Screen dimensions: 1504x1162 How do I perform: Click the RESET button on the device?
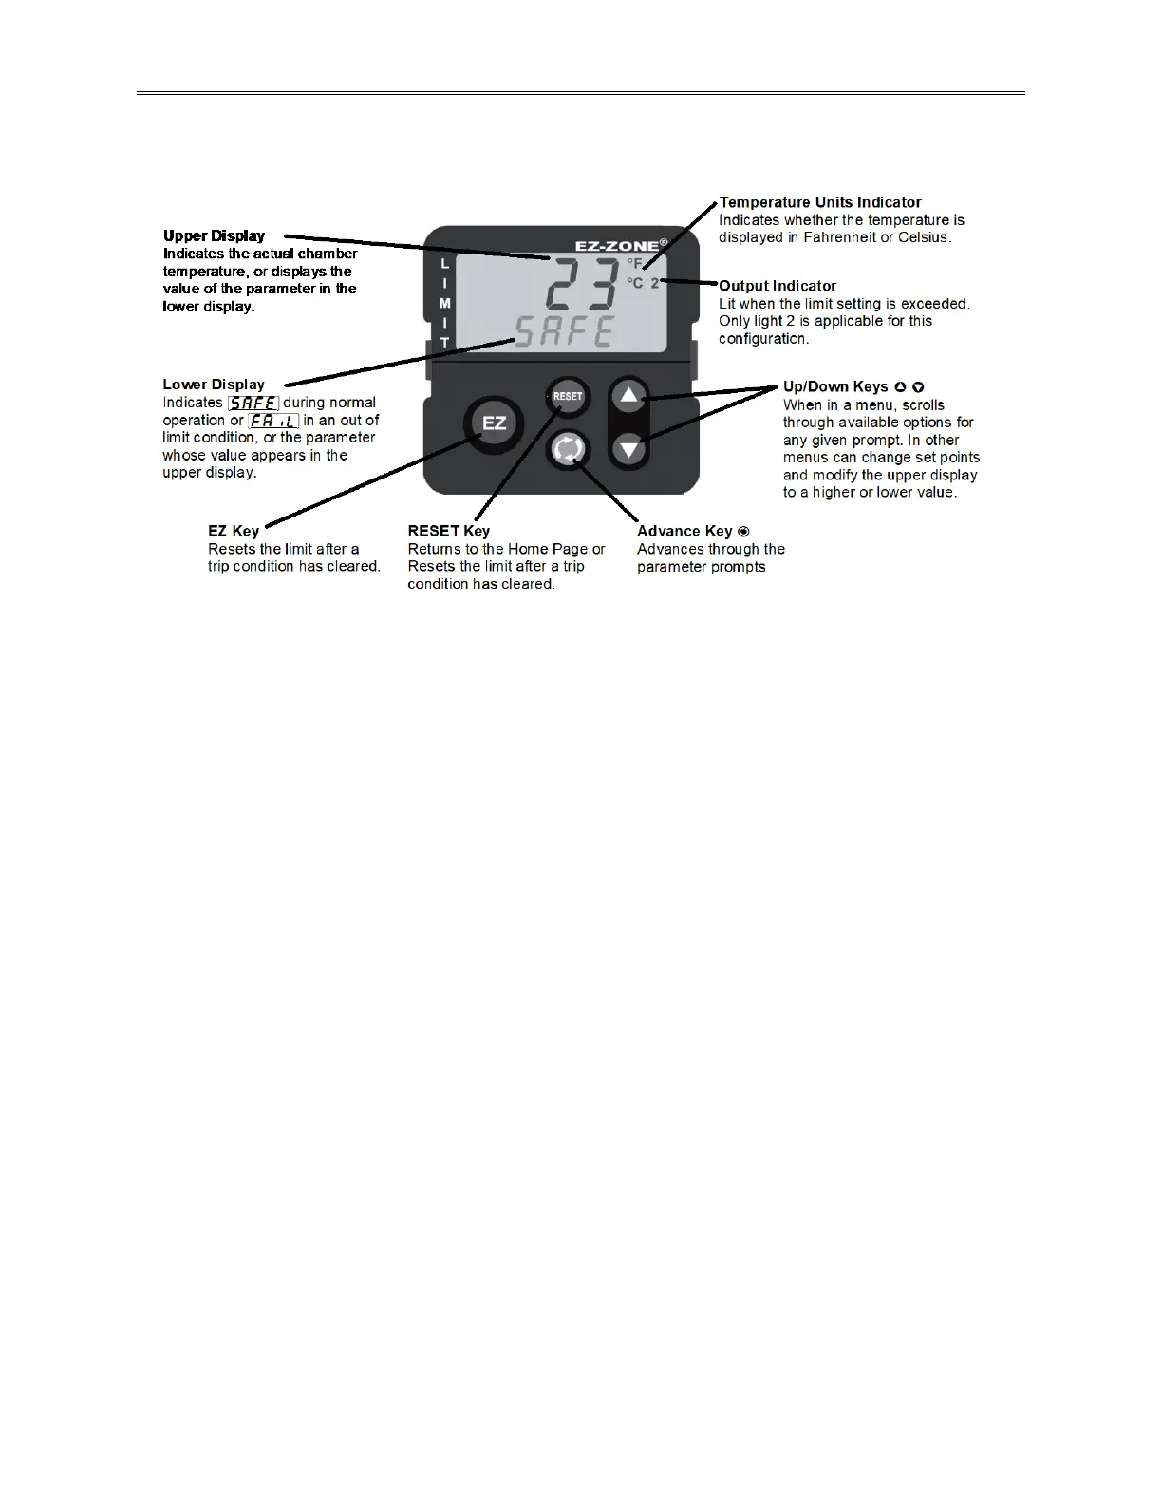pos(568,397)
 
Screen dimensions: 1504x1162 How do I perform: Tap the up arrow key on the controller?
pos(628,396)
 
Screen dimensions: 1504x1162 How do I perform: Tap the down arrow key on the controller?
pos(628,447)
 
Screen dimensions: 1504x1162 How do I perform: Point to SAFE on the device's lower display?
pos(564,331)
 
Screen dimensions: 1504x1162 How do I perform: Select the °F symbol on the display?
pos(634,264)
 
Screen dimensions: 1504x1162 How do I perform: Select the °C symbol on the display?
pos(634,283)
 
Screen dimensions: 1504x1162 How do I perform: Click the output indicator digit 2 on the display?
pos(655,283)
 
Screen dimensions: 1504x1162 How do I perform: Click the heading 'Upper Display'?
pos(214,235)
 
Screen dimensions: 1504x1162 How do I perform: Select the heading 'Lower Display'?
pos(214,385)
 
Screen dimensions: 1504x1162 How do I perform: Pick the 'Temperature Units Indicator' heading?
pos(820,202)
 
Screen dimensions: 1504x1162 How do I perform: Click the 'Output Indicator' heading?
pos(778,286)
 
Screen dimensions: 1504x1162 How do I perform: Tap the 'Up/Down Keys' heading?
pos(835,387)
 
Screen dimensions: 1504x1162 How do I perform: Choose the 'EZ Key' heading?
pos(234,532)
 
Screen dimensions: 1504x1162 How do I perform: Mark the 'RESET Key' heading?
pos(449,532)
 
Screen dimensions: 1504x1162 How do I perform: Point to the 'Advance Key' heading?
pos(684,532)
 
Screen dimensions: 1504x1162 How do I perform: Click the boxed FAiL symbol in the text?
pos(273,421)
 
